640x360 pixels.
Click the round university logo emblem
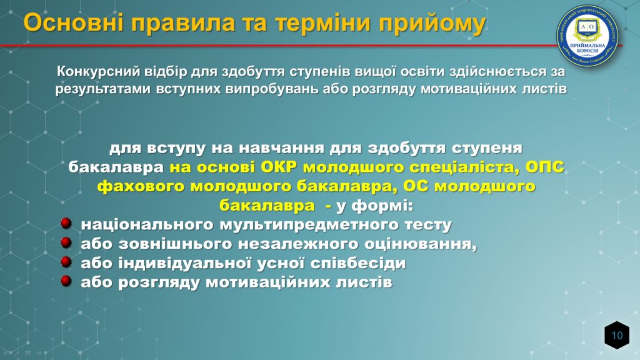tap(587, 36)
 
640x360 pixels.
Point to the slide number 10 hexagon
tap(617, 335)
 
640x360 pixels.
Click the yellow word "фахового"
tap(141, 187)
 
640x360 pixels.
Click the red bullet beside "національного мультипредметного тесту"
tap(66, 223)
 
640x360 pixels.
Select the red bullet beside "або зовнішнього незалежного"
tap(66, 242)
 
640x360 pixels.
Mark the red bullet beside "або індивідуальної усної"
tap(66, 262)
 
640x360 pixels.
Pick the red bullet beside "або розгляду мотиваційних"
tap(66, 281)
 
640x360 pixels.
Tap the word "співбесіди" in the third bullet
tap(358, 263)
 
